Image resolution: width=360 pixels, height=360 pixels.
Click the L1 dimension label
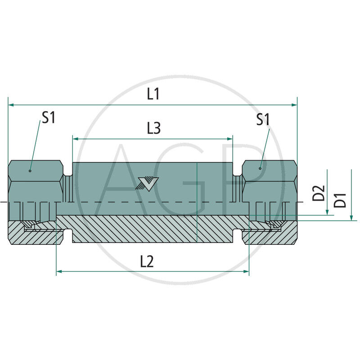pos(153,94)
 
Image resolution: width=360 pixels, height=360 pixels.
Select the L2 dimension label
pos(147,261)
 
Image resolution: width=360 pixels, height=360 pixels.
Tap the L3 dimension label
pos(153,129)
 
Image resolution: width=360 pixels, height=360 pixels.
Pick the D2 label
pos(319,193)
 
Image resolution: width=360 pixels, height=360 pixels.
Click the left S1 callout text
pos(48,118)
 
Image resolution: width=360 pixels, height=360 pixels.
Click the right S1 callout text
pos(263,119)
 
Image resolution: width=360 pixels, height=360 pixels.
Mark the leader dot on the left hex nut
pos(30,171)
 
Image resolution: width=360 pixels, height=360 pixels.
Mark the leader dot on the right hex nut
pos(260,168)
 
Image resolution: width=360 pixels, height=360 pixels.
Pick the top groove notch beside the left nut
pos(68,171)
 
